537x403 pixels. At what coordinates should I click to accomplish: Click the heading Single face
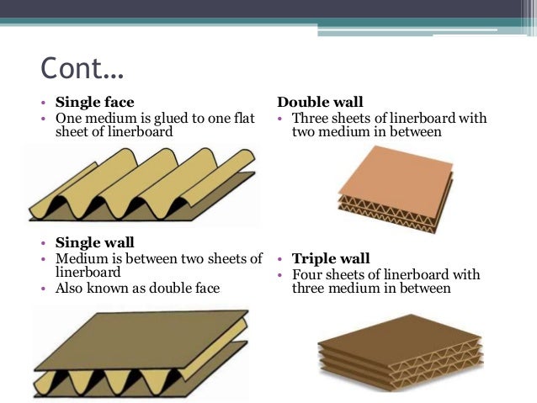pos(94,103)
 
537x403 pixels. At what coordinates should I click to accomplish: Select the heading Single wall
pos(94,243)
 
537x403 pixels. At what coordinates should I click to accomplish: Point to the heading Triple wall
pos(331,259)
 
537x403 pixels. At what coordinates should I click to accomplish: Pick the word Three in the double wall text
pos(311,118)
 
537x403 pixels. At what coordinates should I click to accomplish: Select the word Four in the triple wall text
pos(309,274)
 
